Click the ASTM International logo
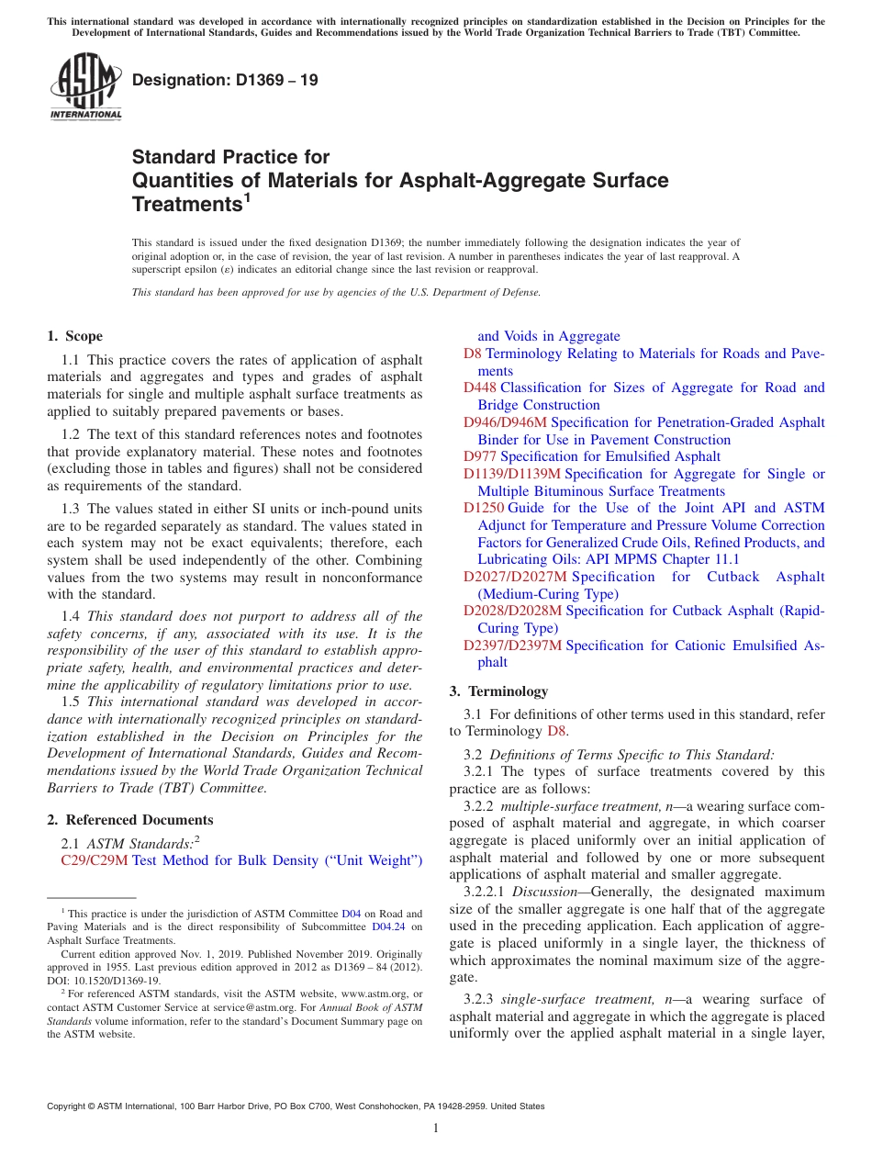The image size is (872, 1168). tap(84, 87)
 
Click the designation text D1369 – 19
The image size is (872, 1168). tap(225, 80)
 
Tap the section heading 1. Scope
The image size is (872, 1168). tap(74, 336)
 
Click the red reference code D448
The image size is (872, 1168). tap(480, 387)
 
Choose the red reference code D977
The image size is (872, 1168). tap(480, 456)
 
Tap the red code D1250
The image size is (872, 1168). tap(484, 508)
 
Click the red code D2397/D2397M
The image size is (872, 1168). tap(513, 646)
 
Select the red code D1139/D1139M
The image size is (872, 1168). tap(512, 474)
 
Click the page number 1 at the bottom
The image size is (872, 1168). tap(436, 1128)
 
